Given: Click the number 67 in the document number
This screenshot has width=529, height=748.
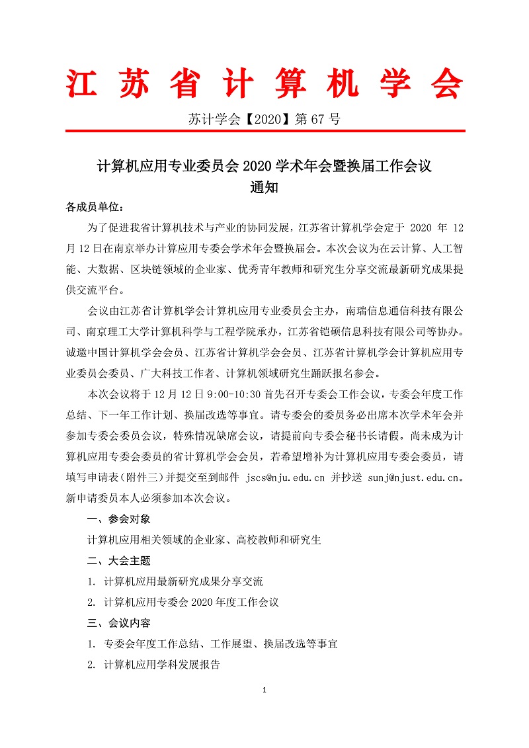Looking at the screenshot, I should (x=319, y=120).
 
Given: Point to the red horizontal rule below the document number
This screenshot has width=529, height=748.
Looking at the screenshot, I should (x=264, y=131).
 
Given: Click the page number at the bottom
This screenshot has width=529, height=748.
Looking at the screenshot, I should (x=264, y=691).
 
